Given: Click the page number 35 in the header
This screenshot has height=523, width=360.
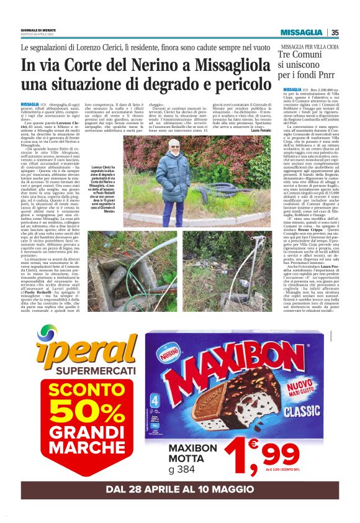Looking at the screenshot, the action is point(335,32).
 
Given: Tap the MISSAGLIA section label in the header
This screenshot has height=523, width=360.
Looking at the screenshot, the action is point(301,32).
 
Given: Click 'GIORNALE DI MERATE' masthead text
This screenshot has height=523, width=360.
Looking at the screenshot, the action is point(37,29).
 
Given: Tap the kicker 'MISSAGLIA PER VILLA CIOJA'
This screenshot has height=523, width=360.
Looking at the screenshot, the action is point(305,47).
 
